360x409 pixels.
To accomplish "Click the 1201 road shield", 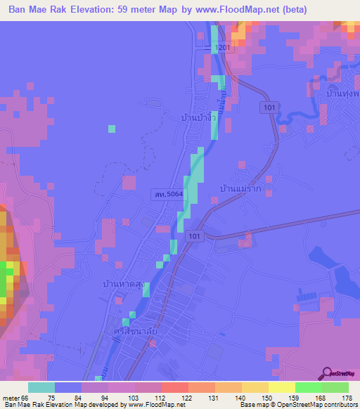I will point(223,48).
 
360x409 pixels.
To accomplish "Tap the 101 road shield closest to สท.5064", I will point(198,238).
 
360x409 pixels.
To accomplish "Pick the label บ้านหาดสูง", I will point(124,285).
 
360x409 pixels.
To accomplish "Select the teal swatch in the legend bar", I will point(41,387).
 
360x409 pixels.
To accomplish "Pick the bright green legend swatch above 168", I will point(309,387).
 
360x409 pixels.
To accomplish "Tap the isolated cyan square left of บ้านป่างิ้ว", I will point(111,128).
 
